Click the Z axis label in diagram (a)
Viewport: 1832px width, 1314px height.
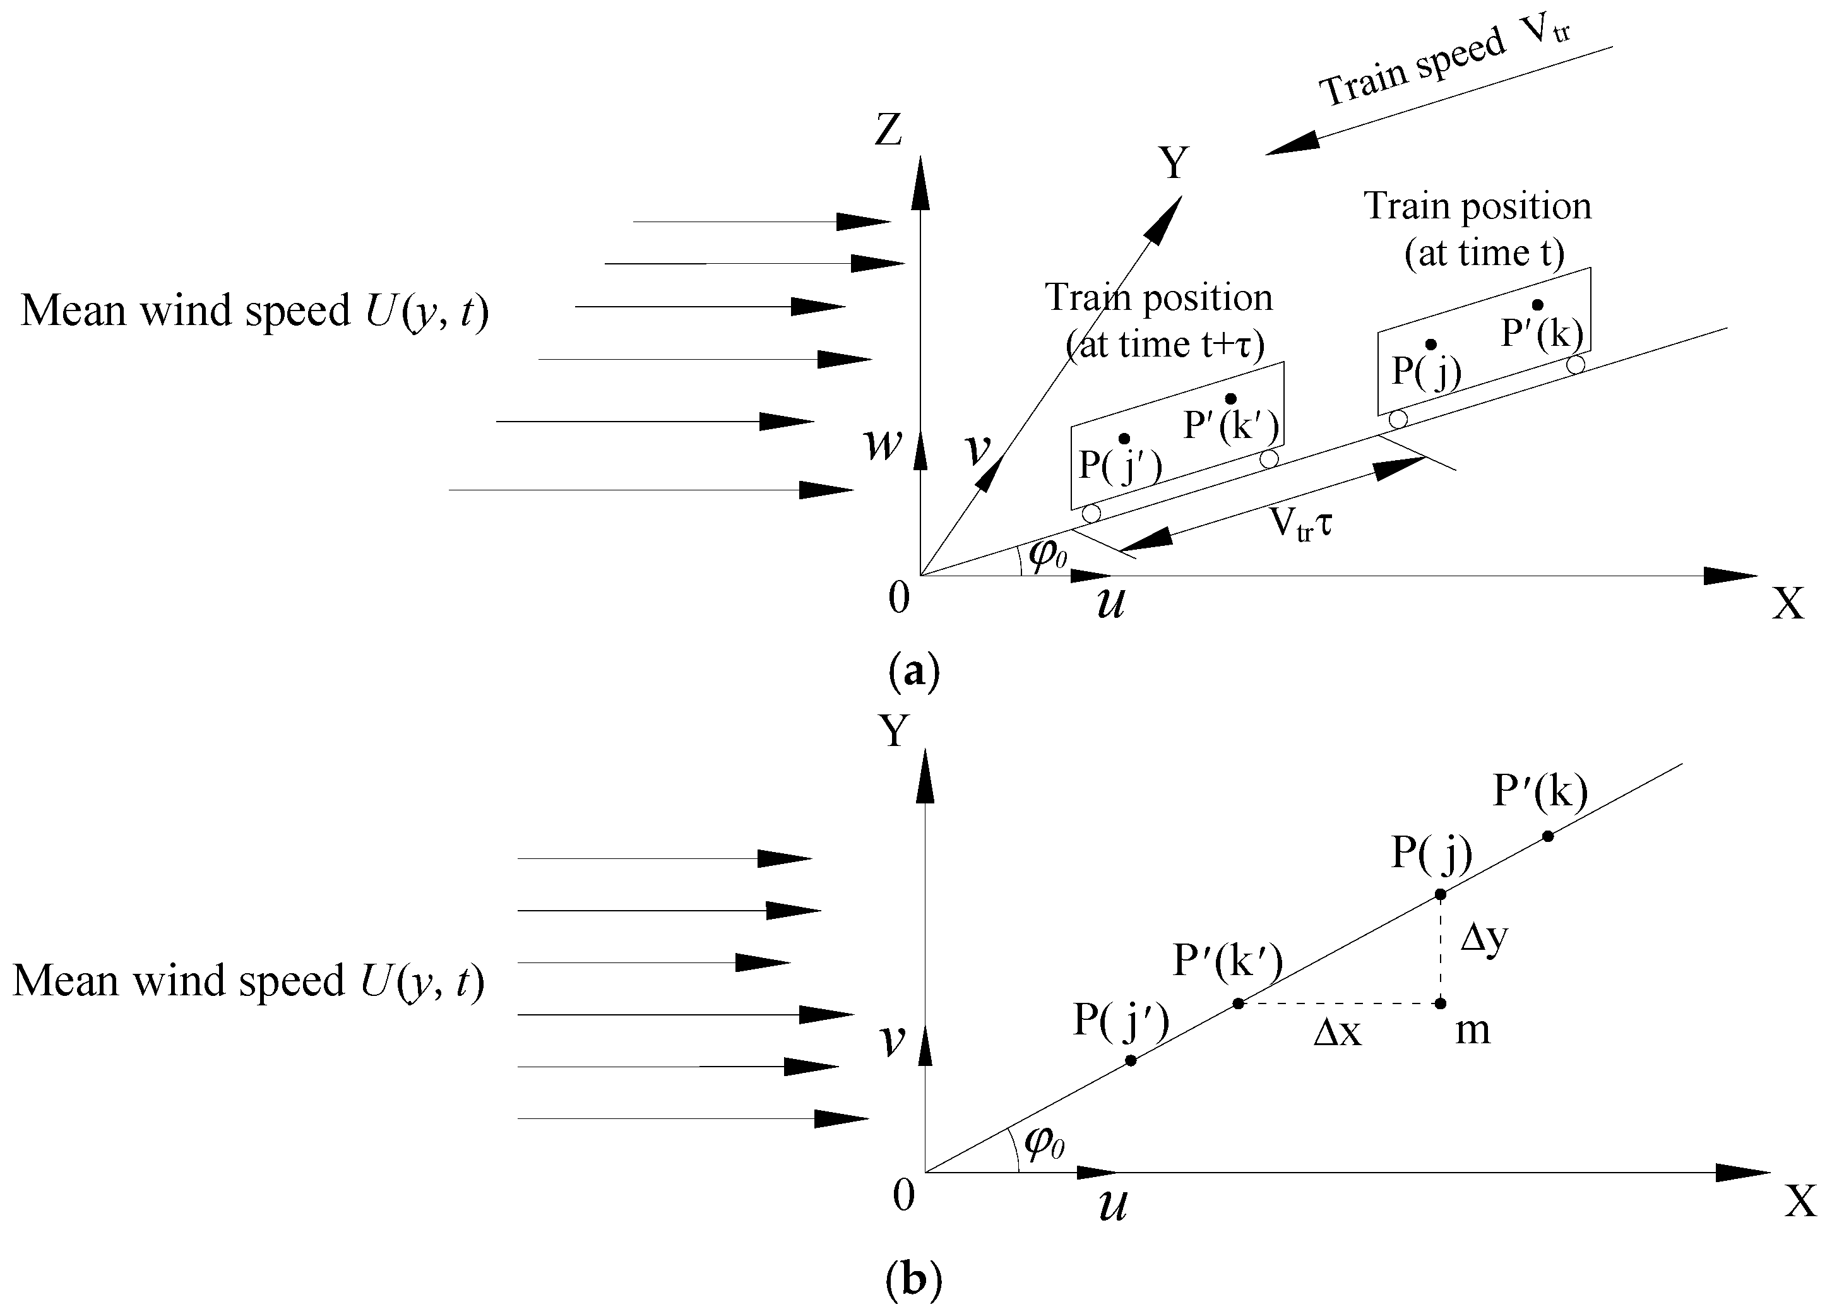click(888, 129)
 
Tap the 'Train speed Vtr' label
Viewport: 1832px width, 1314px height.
click(1446, 64)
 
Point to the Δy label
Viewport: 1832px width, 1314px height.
click(1485, 938)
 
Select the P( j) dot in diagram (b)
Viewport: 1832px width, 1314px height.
click(1439, 894)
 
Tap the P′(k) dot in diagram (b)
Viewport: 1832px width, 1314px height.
click(1548, 836)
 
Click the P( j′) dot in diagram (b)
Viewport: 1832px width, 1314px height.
click(1131, 1060)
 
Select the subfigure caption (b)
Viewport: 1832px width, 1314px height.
click(913, 1280)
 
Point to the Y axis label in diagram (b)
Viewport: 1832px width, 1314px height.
click(893, 731)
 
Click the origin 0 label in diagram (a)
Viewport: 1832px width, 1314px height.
click(898, 598)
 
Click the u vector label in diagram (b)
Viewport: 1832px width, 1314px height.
click(1112, 1206)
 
